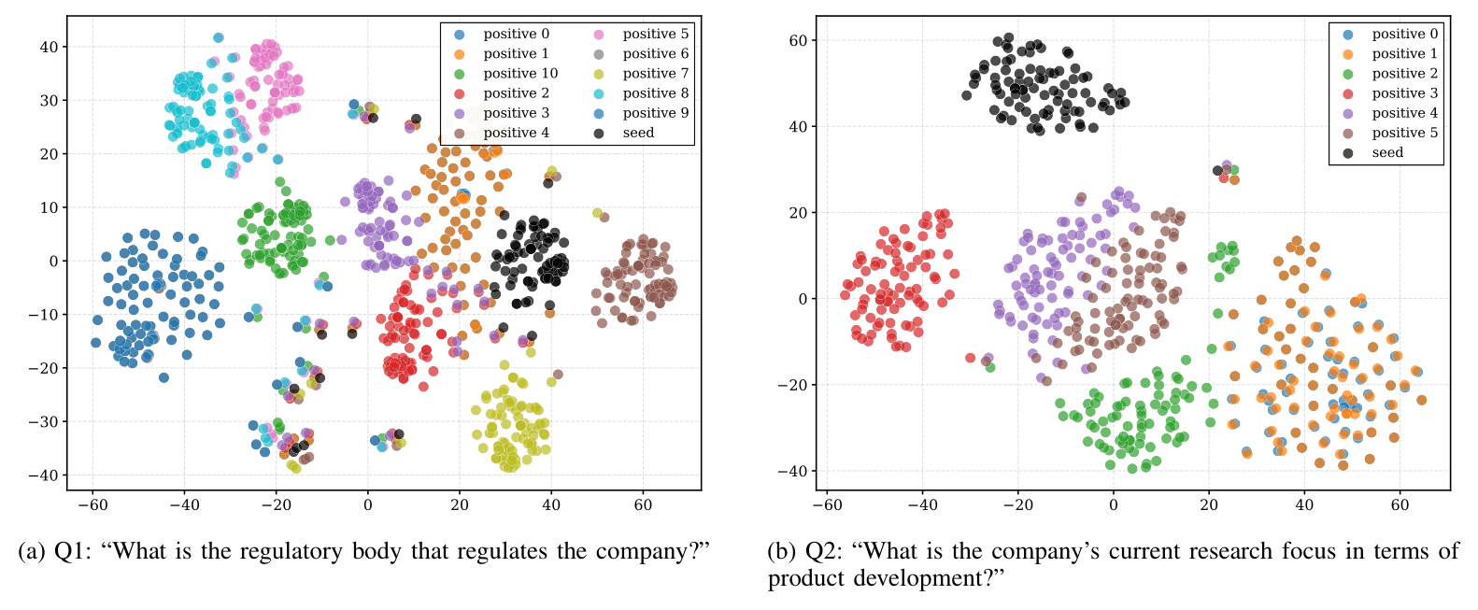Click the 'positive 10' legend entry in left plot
(520, 74)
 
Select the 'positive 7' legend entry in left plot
(655, 74)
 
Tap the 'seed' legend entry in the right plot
(1387, 153)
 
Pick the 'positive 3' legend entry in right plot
(1404, 93)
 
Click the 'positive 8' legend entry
(655, 93)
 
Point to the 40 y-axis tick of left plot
(49, 47)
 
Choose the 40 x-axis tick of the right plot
(1304, 505)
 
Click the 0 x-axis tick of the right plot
(1113, 505)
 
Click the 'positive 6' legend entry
(655, 54)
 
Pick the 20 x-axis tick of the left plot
(459, 505)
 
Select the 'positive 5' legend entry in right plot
(1404, 133)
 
